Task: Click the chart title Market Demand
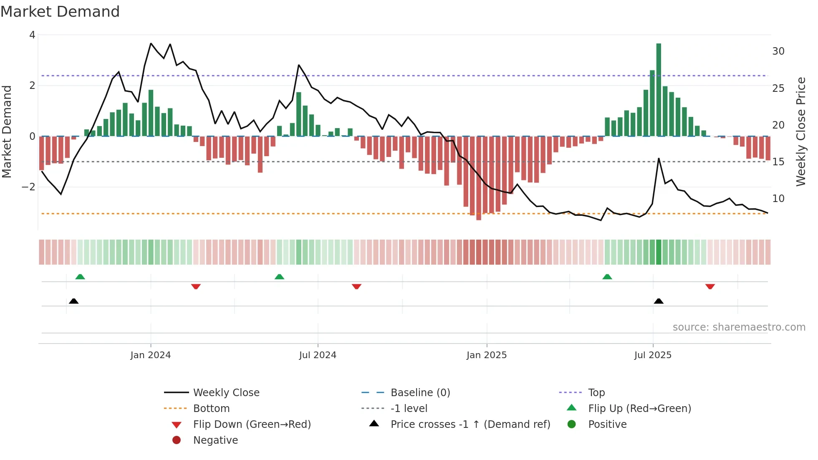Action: click(60, 12)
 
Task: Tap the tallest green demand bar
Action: click(659, 90)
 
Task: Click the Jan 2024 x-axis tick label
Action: click(150, 355)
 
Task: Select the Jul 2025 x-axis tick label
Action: click(653, 355)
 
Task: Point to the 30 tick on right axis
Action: click(778, 51)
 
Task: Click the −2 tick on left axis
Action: click(28, 187)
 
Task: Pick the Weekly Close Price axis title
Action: click(800, 131)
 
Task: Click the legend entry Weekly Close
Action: click(226, 393)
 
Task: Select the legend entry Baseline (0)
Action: click(420, 393)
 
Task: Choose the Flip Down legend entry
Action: click(252, 425)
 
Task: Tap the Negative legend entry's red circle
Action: click(177, 440)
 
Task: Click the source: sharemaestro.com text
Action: click(739, 327)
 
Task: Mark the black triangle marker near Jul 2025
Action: click(659, 301)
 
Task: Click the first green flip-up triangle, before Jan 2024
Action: click(80, 277)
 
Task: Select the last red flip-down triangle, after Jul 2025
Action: click(710, 286)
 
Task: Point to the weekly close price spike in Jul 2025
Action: click(659, 159)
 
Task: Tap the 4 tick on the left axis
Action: click(32, 35)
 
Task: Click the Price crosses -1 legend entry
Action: click(470, 425)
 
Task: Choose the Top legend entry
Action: click(596, 393)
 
